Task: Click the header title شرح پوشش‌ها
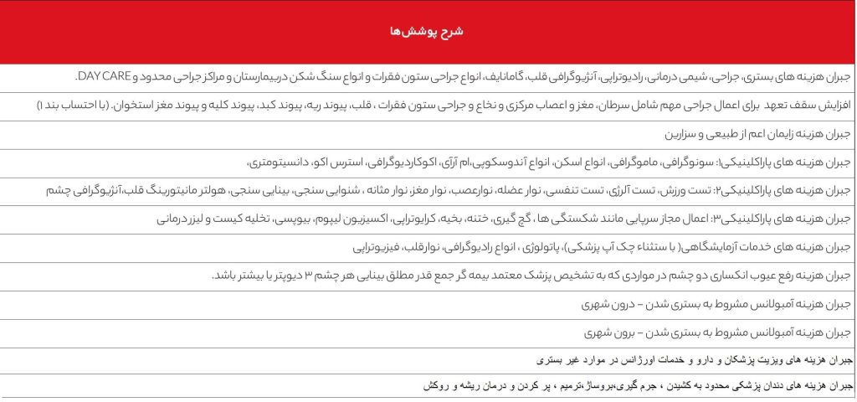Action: pos(428,32)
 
